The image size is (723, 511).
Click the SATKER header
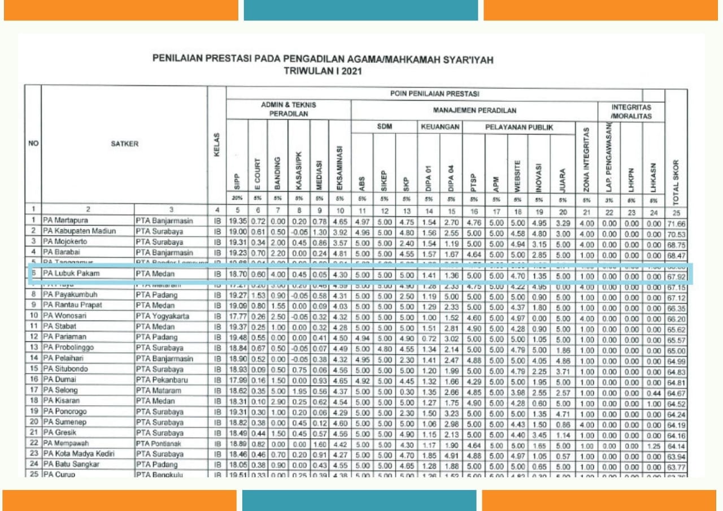point(125,144)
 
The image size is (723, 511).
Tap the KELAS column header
point(217,145)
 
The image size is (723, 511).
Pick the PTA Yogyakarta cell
point(163,315)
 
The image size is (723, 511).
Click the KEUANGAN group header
point(440,128)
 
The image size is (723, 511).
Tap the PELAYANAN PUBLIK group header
point(519,128)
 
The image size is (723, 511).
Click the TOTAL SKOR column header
point(676,170)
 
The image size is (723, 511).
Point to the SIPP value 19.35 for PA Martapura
point(237,220)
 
